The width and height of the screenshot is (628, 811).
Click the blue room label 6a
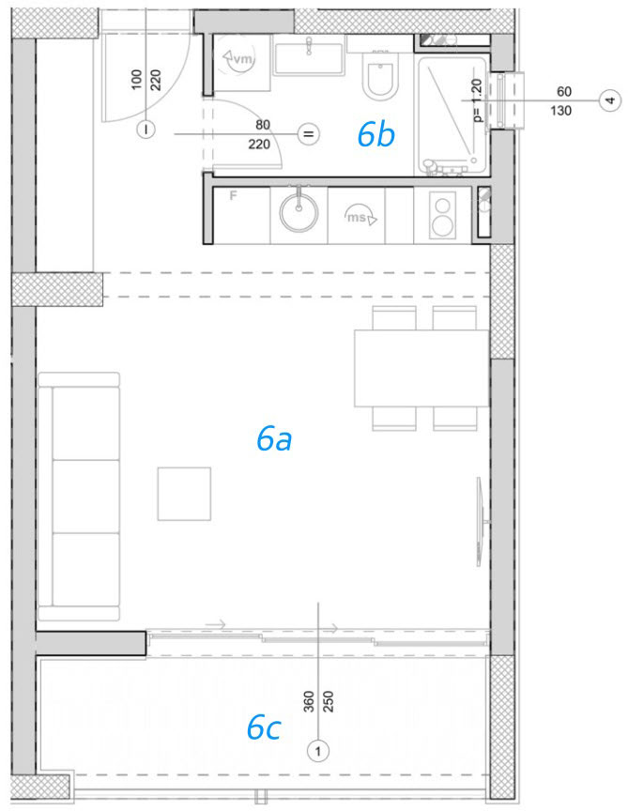274,439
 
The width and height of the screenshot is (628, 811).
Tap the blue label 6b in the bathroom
376,134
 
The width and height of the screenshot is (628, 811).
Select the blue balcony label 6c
264,727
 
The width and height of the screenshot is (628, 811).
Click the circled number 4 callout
610,99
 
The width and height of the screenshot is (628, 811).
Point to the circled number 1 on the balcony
317,751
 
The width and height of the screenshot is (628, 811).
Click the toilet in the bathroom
381,75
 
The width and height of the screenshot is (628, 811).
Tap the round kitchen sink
299,212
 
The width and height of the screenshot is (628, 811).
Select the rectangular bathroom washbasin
309,58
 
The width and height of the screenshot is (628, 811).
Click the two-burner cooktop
442,215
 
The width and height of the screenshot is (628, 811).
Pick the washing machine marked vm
241,60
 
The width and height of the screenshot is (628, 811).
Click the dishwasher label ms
357,217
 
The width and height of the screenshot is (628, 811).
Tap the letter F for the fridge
234,196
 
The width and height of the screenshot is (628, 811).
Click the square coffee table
184,494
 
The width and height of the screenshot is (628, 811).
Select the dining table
421,368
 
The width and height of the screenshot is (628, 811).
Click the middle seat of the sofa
85,497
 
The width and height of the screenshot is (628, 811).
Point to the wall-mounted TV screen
480,521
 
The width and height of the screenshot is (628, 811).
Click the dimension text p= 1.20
478,100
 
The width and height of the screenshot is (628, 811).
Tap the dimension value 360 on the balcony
309,701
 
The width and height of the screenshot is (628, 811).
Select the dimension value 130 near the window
560,110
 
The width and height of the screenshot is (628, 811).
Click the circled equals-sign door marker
308,134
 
